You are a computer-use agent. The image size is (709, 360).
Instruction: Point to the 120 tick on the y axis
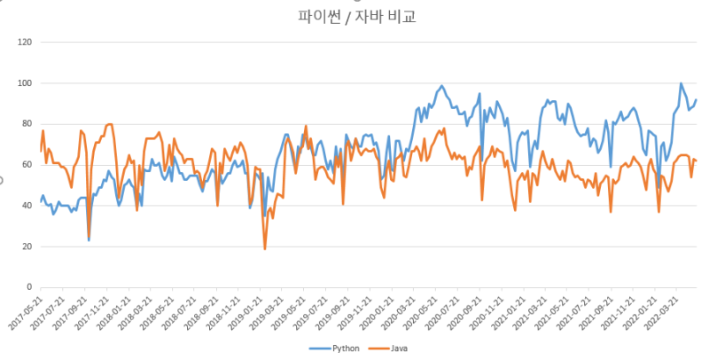tap(25, 42)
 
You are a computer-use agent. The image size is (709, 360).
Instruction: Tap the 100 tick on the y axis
tap(25, 83)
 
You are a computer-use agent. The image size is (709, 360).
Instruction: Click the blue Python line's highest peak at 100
tap(681, 84)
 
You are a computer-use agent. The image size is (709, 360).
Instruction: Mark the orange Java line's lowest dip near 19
tap(265, 248)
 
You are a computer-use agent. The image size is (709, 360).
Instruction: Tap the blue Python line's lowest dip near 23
tap(89, 240)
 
